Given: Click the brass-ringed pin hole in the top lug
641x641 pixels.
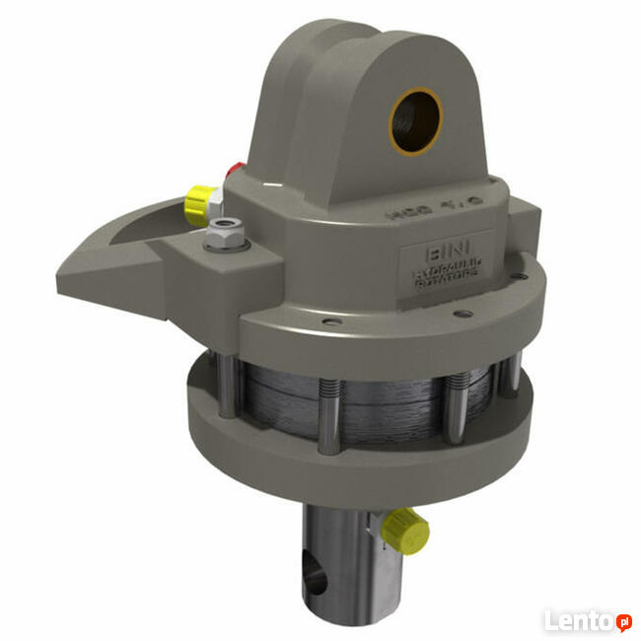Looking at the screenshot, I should coord(416,120).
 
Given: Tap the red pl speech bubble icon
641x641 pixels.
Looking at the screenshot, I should coord(623,621).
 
